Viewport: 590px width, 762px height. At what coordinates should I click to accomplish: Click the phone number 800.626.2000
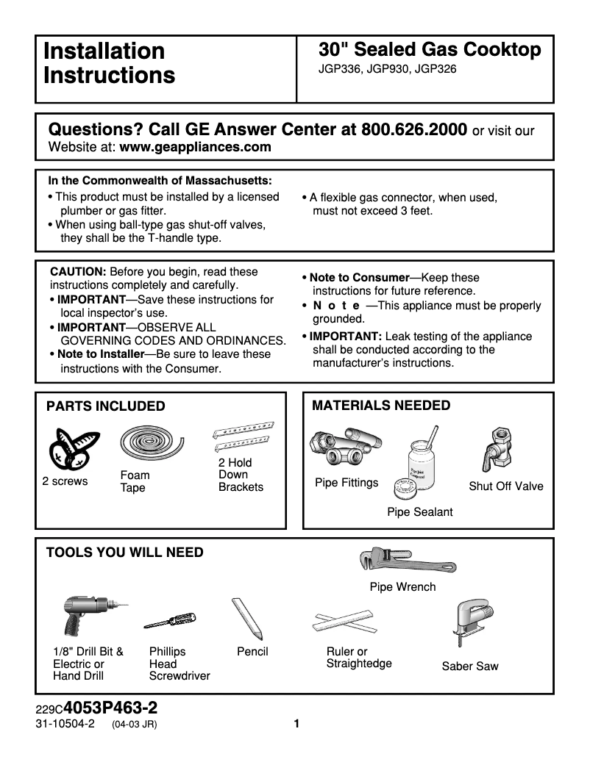[414, 130]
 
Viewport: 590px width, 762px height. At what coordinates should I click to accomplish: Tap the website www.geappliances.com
[195, 147]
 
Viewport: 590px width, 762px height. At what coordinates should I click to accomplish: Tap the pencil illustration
[246, 617]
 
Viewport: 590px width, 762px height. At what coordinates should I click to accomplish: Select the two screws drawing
[71, 449]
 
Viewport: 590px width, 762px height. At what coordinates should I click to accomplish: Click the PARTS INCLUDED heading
[106, 406]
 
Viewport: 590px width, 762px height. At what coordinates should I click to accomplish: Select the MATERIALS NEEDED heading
[381, 406]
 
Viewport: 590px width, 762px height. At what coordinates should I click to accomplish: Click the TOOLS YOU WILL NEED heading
[125, 553]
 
